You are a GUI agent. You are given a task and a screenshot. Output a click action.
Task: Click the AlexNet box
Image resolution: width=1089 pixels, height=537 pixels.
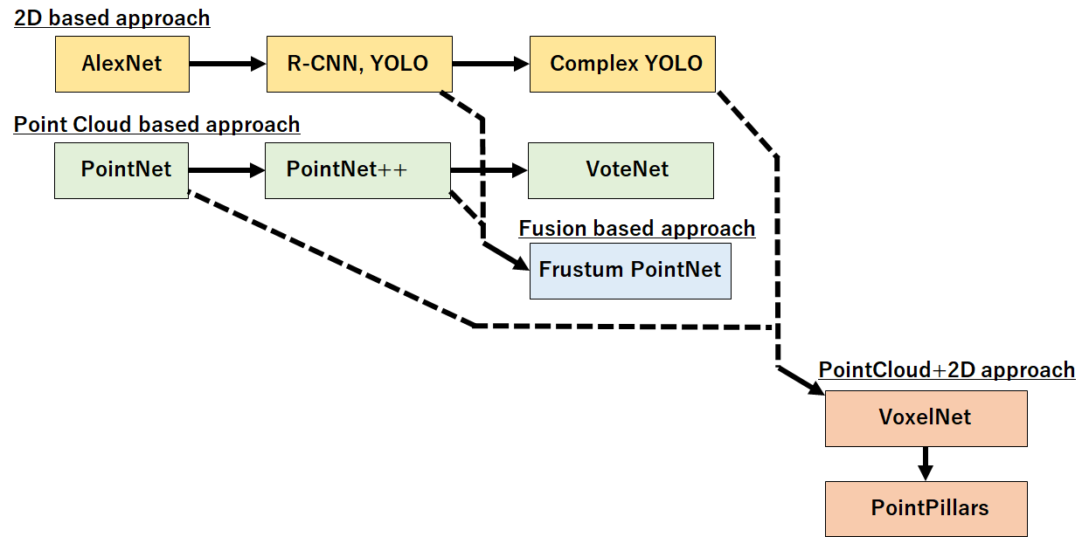click(x=122, y=64)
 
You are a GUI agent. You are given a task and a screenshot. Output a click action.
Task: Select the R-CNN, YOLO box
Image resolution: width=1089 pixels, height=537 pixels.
click(x=359, y=64)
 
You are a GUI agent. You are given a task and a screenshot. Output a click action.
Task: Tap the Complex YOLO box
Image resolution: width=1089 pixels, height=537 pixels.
click(x=622, y=64)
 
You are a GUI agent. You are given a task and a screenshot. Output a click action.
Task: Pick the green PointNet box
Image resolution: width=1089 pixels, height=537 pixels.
click(x=121, y=170)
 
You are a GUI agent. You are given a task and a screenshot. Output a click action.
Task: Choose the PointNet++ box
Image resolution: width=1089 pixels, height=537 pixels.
click(x=358, y=170)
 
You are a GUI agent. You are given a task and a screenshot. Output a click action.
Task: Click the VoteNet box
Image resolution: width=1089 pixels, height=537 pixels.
click(x=621, y=170)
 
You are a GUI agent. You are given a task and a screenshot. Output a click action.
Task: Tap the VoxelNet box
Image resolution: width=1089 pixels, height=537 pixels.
click(x=926, y=418)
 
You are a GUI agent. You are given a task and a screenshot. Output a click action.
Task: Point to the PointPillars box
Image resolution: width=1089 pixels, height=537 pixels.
click(x=926, y=508)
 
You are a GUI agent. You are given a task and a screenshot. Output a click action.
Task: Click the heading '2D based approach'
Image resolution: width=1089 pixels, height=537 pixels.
click(x=112, y=17)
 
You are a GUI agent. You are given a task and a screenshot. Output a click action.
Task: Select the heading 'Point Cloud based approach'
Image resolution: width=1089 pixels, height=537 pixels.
click(x=156, y=125)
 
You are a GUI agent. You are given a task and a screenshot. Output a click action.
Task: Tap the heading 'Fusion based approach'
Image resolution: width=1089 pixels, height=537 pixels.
click(x=636, y=229)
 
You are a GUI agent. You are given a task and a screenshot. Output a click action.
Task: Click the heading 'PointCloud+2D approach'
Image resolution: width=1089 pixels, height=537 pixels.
click(x=947, y=369)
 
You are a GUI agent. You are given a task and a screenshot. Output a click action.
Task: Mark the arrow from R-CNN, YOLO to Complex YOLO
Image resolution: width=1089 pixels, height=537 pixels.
click(x=490, y=64)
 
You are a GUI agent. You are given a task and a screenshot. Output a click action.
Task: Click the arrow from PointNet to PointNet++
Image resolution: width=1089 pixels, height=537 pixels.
click(x=226, y=170)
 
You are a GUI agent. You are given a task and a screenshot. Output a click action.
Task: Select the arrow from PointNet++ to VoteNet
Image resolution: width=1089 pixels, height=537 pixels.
click(x=489, y=170)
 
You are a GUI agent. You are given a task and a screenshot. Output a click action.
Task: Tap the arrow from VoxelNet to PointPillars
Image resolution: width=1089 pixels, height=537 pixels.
click(x=926, y=463)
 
